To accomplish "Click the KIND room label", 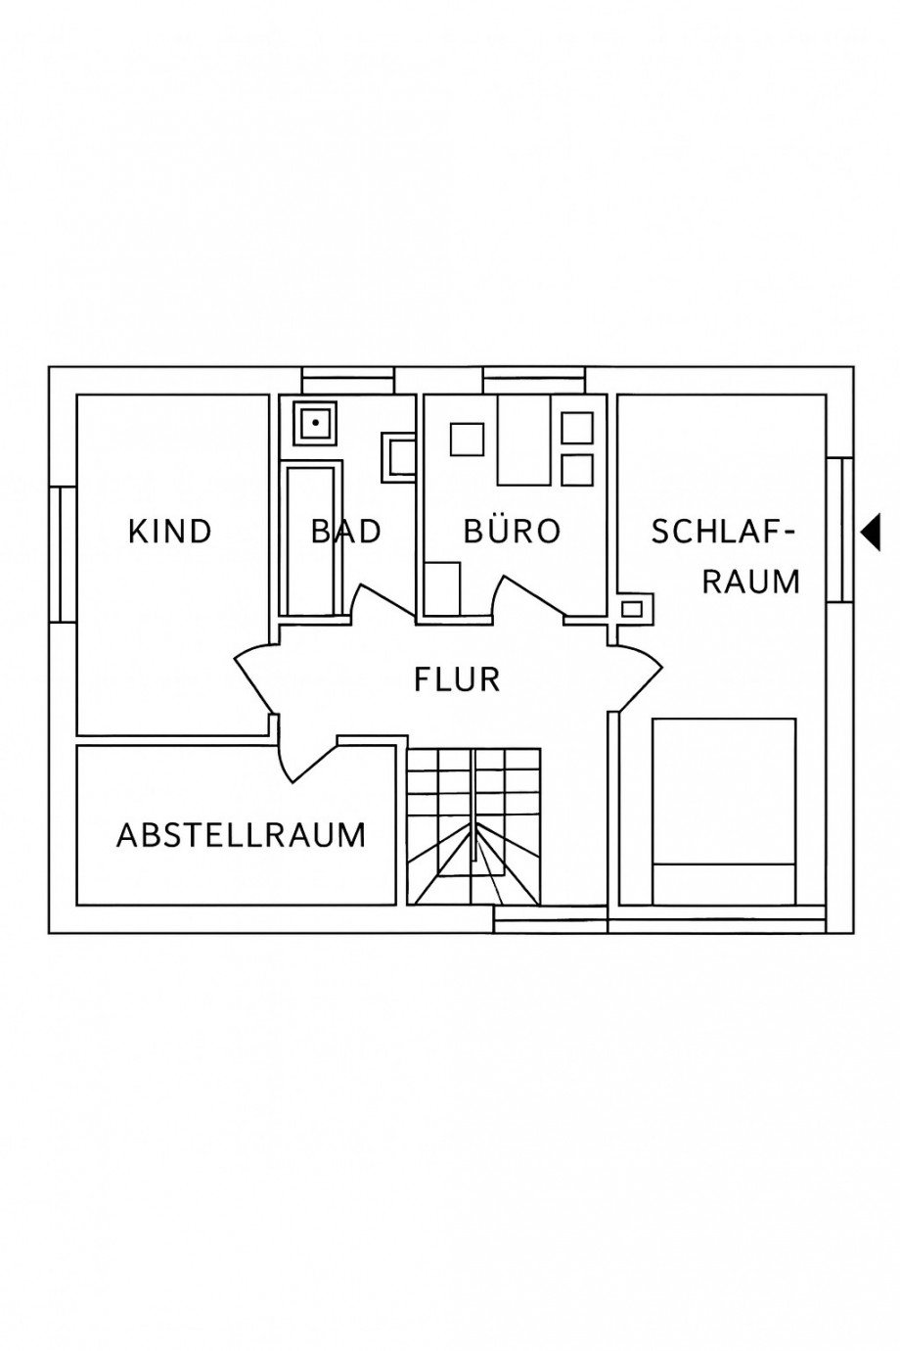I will point(170,532).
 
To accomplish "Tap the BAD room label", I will point(345,532).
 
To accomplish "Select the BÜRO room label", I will point(512,532).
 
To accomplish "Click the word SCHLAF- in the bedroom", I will point(723,532).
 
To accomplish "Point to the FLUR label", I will point(457,678).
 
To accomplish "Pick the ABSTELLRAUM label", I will point(241,835).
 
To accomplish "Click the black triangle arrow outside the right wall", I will point(872,532).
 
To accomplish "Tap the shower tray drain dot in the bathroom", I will point(316,423).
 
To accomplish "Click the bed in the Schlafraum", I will point(723,811).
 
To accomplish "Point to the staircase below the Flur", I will point(473,824).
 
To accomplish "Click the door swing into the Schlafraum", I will point(641,675).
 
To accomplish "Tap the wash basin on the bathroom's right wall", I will point(398,457).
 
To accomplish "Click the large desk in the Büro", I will point(524,440).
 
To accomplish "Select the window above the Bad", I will point(347,380).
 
